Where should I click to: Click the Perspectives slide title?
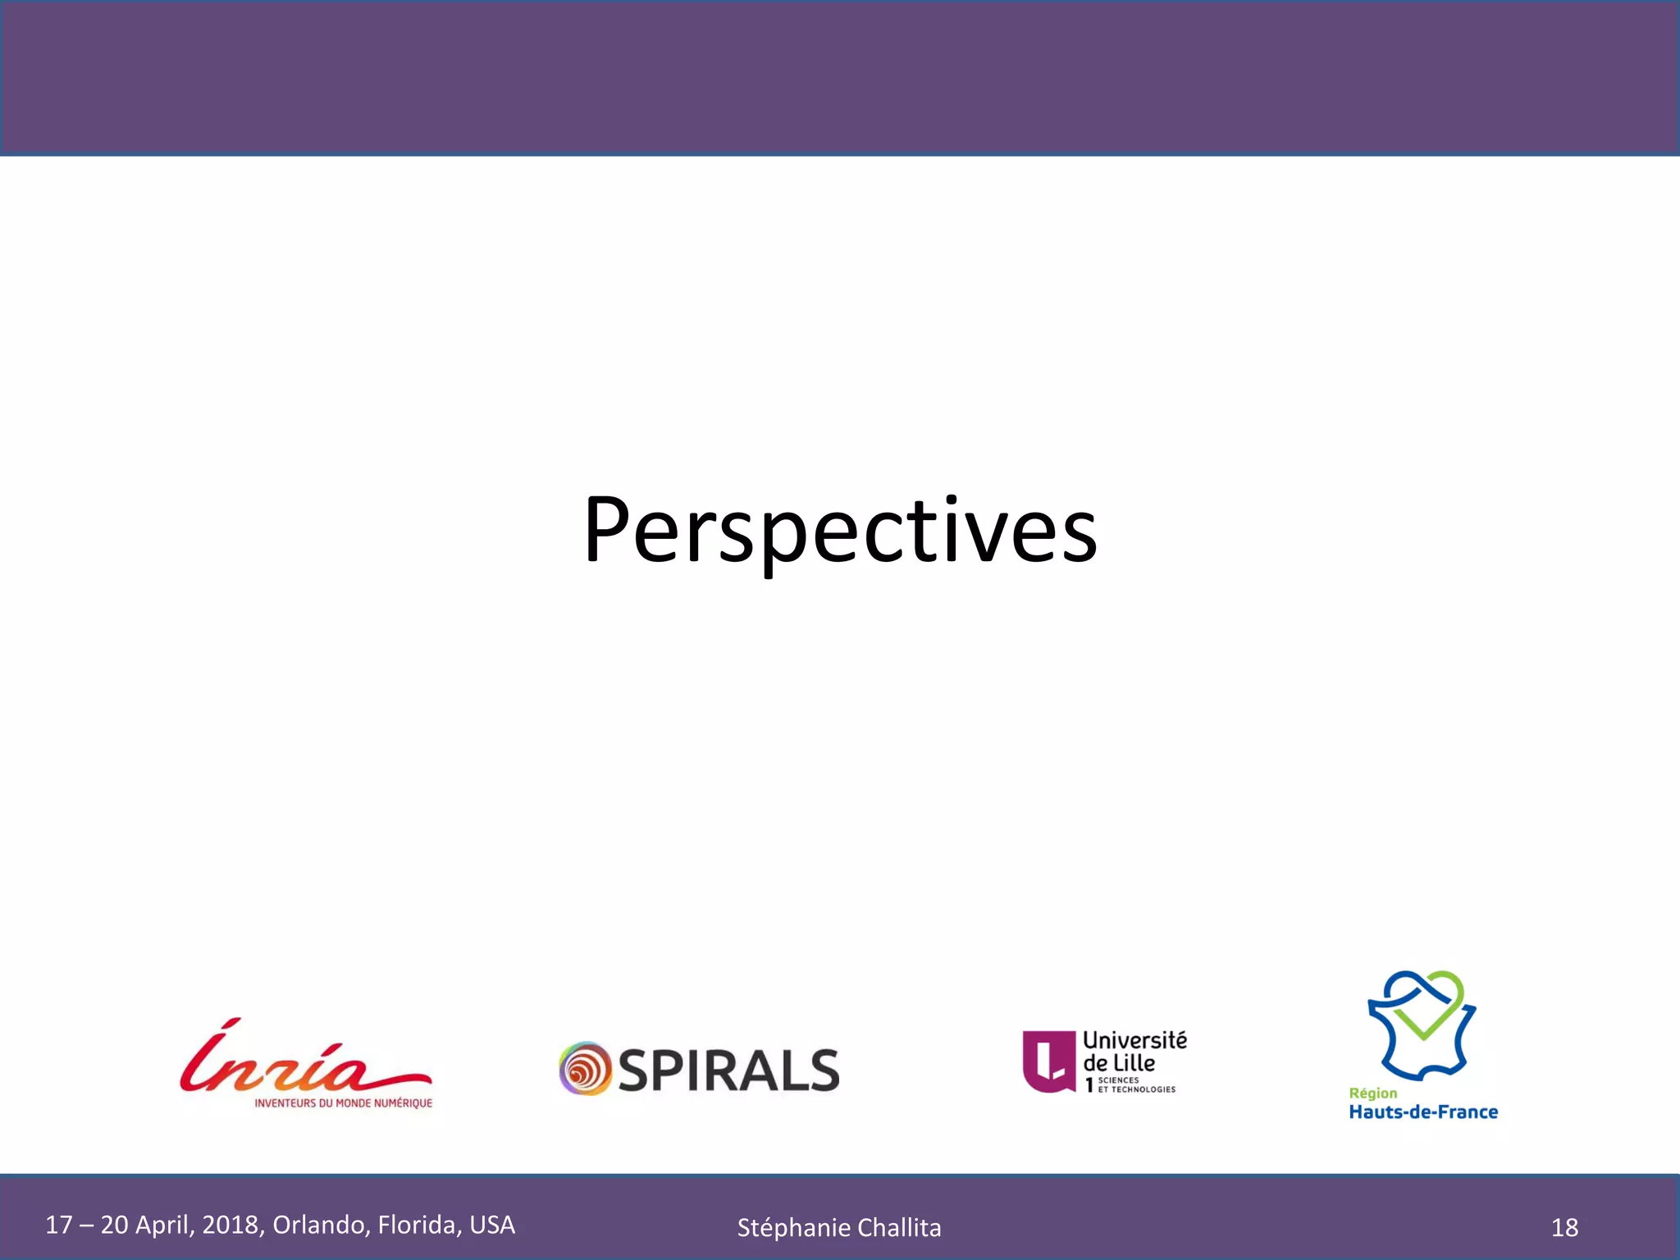(x=839, y=531)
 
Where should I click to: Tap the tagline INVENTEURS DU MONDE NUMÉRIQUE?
(x=343, y=1103)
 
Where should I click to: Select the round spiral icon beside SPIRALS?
(x=585, y=1069)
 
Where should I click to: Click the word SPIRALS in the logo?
(x=728, y=1070)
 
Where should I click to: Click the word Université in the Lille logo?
(x=1134, y=1040)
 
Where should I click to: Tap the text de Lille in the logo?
(x=1119, y=1063)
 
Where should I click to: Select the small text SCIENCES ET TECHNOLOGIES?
(x=1136, y=1085)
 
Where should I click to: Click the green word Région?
(x=1372, y=1093)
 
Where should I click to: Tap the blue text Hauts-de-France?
(x=1423, y=1112)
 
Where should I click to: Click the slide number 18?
(x=1564, y=1228)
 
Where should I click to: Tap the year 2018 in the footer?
(x=231, y=1225)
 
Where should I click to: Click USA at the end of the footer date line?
(x=492, y=1225)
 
